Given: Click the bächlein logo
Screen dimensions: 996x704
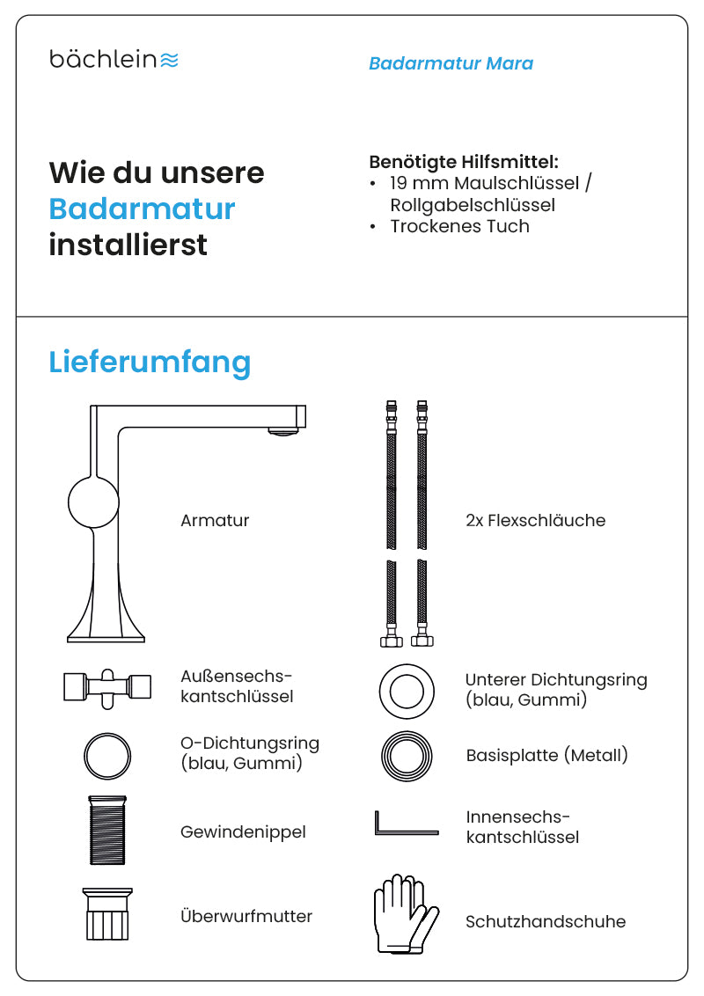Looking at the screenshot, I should pos(114,60).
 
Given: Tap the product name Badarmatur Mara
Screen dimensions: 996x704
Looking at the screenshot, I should pos(451,63).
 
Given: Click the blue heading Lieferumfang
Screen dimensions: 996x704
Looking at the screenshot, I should pos(150,362).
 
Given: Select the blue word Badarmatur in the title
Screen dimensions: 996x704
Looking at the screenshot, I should pos(142,209).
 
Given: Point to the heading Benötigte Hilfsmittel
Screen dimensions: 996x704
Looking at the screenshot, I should pos(464,162).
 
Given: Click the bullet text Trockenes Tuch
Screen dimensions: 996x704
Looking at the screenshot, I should pos(459,226).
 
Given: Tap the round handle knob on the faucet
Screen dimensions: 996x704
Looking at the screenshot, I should pos(93,501).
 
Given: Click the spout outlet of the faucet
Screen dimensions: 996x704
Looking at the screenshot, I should pos(282,429).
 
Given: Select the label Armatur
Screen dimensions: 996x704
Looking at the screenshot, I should pos(215,520).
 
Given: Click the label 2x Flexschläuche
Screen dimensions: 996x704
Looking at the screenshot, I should pos(535,520).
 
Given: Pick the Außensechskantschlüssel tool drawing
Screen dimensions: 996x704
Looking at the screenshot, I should pos(106,686).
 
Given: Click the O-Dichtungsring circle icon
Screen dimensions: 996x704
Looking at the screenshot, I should pos(107,755).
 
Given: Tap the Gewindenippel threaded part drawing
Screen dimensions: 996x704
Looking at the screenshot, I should pos(107,830).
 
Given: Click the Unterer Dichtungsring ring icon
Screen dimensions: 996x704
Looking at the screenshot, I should pos(407,691).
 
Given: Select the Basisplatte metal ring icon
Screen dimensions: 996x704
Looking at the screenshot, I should pos(407,755).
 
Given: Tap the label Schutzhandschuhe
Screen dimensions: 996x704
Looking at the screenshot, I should pos(545,921).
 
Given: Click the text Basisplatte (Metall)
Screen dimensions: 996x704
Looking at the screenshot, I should pos(546,755).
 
